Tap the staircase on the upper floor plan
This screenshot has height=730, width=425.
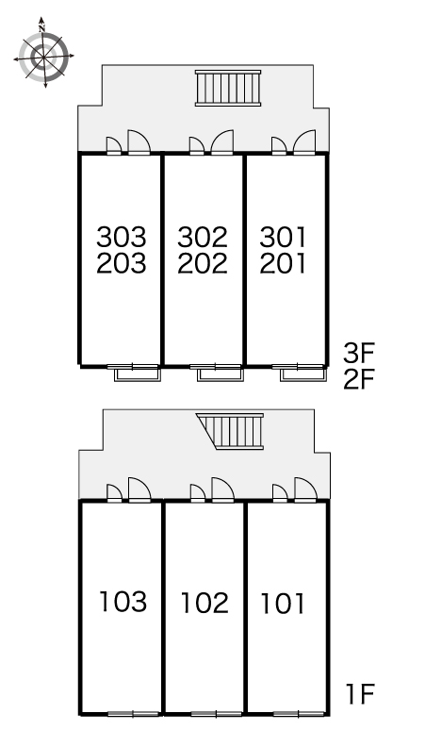pyautogui.click(x=228, y=90)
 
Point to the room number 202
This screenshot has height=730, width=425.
pyautogui.click(x=203, y=264)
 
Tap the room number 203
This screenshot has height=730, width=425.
pyautogui.click(x=123, y=264)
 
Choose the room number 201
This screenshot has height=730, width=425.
pyautogui.click(x=283, y=264)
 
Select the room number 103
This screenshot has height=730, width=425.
pyautogui.click(x=123, y=602)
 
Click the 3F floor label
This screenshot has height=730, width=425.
pyautogui.click(x=359, y=354)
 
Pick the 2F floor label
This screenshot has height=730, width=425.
pyautogui.click(x=359, y=380)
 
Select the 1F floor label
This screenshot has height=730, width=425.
pyautogui.click(x=359, y=697)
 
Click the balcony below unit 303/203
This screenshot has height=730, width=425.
pyautogui.click(x=137, y=374)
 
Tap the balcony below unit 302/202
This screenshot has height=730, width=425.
pyautogui.click(x=218, y=374)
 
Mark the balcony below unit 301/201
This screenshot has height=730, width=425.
pyautogui.click(x=301, y=374)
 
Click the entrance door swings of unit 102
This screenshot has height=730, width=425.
pyautogui.click(x=213, y=490)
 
